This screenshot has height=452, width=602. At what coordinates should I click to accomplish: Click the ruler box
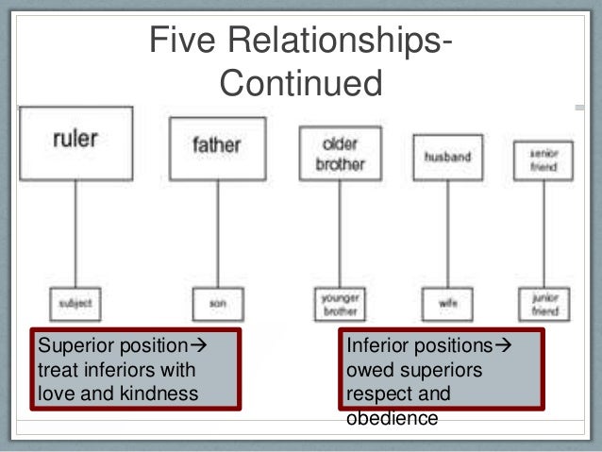pyautogui.click(x=76, y=143)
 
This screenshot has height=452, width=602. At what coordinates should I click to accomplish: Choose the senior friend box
pyautogui.click(x=543, y=161)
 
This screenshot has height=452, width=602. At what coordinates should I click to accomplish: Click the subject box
pyautogui.click(x=75, y=303)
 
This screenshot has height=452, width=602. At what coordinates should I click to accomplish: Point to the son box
pyautogui.click(x=217, y=303)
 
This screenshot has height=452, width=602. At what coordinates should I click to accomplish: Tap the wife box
pyautogui.click(x=446, y=304)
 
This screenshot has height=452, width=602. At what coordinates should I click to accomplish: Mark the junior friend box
pyautogui.click(x=543, y=302)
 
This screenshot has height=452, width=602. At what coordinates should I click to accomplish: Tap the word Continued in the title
pyautogui.click(x=301, y=84)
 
